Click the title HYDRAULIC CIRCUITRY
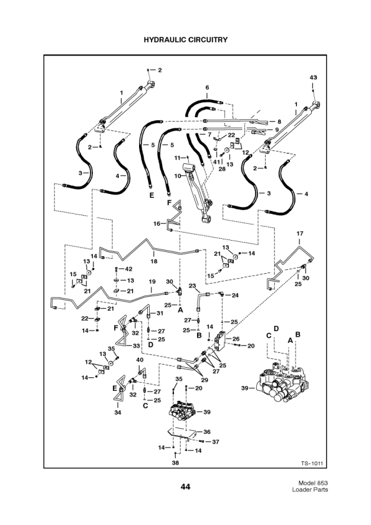(185, 39)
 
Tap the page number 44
(185, 486)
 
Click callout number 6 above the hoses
(207, 87)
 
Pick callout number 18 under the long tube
(154, 262)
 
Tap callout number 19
(152, 282)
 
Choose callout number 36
(207, 431)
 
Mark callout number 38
(176, 463)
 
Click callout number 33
(136, 345)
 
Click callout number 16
(157, 223)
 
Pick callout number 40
(140, 360)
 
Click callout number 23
(193, 286)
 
